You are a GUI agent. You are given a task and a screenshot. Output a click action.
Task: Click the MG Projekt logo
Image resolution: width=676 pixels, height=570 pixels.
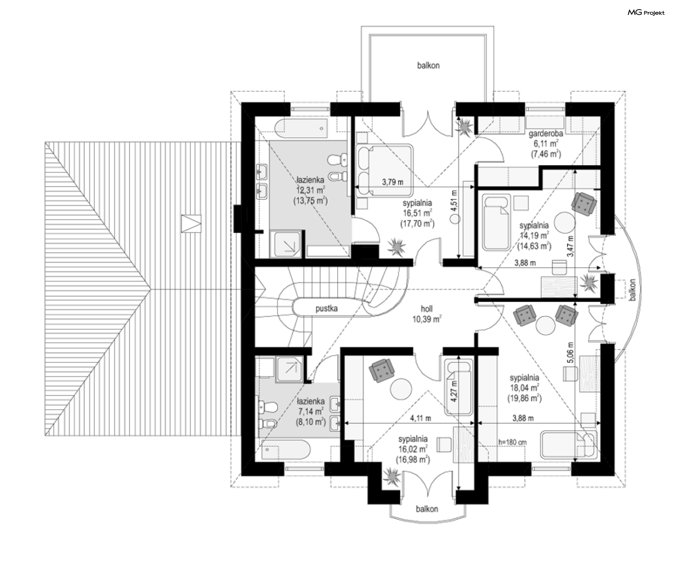click(x=646, y=13)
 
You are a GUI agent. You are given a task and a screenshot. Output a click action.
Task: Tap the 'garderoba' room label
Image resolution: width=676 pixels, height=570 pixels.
click(x=546, y=134)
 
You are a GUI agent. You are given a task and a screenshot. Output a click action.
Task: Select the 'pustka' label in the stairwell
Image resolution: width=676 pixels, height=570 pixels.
click(x=326, y=308)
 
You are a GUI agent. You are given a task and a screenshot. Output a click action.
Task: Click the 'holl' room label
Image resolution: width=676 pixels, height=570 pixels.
click(x=427, y=309)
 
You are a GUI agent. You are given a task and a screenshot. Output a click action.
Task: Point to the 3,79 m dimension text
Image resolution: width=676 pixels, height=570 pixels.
click(x=393, y=182)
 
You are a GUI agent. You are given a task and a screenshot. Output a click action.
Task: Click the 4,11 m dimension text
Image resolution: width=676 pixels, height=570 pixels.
click(x=420, y=418)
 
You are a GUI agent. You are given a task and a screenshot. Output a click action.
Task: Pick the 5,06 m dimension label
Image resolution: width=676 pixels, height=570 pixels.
click(x=570, y=352)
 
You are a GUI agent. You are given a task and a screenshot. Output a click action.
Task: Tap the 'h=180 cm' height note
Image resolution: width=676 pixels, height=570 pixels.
click(x=513, y=442)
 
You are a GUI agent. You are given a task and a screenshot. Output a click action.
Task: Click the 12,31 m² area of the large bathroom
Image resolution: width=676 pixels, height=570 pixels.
click(x=311, y=190)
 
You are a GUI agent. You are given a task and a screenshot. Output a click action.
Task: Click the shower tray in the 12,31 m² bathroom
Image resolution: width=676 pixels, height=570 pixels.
click(x=286, y=244)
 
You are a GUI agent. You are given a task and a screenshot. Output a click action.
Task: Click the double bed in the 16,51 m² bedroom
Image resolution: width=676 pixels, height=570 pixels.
click(x=385, y=170)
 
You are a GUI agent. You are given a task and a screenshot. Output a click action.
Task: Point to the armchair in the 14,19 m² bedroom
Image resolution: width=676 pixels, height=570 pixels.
click(x=584, y=203)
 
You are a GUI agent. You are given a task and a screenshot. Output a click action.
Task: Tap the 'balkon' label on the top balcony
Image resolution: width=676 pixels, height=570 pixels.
click(x=428, y=65)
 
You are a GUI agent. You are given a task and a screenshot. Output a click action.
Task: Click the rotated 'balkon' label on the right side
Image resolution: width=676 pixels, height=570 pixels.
click(x=633, y=290)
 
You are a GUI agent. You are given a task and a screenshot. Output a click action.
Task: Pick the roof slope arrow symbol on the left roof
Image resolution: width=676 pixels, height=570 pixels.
click(x=191, y=224)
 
